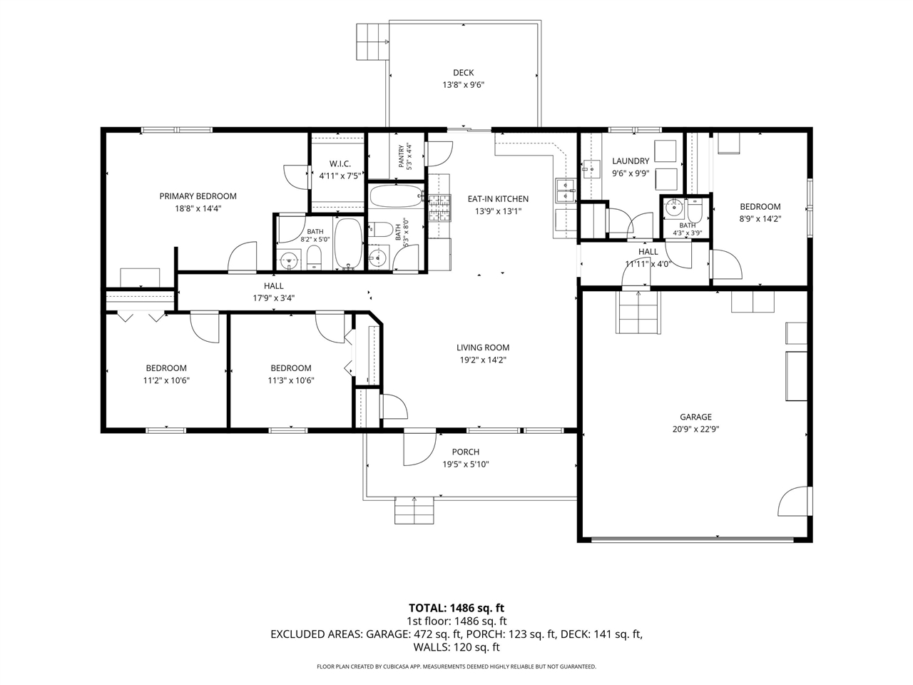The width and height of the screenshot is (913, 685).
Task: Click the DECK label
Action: (463, 73)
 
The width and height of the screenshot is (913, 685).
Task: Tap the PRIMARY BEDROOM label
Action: (198, 196)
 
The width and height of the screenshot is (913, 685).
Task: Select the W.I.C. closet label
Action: (340, 164)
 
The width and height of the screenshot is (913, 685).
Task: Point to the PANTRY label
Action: (402, 156)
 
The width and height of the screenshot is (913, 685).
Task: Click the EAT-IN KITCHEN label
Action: (498, 199)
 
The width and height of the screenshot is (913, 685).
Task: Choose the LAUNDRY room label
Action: (631, 161)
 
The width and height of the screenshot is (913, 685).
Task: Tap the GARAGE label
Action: (695, 417)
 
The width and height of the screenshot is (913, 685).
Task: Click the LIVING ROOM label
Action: (482, 347)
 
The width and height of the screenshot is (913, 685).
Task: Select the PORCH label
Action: (466, 452)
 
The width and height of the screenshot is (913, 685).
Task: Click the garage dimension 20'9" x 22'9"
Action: (695, 429)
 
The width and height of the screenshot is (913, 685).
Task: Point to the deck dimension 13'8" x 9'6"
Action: (463, 85)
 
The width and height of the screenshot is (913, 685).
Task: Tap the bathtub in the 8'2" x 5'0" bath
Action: (349, 243)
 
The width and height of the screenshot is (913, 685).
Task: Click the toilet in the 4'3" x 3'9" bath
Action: (694, 212)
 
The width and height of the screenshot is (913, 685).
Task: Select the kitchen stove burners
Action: (439, 208)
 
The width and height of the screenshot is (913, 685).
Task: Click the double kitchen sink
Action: (566, 191)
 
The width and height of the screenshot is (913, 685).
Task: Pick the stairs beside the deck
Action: (372, 41)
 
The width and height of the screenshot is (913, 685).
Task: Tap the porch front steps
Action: (414, 510)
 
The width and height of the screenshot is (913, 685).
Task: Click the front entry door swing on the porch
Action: (420, 450)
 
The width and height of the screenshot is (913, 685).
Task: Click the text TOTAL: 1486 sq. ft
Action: (456, 608)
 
